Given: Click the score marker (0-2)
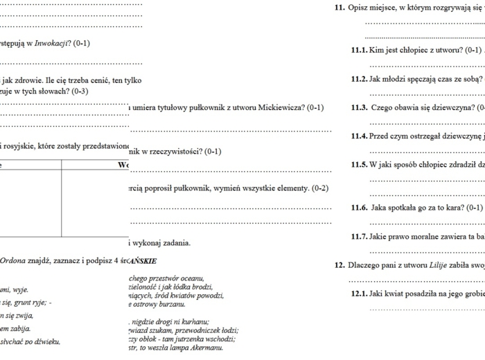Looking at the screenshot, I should [319, 188].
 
